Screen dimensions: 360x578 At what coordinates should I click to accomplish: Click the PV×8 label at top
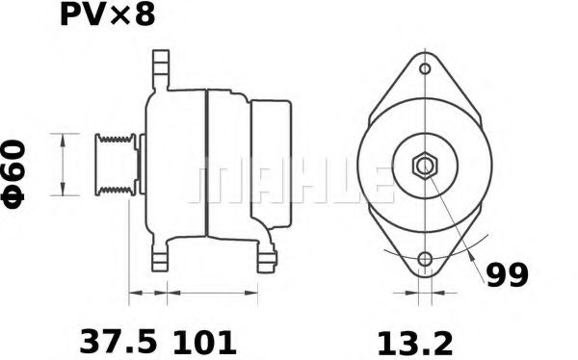[x=107, y=16]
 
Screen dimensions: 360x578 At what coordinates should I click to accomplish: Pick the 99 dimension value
[x=507, y=275]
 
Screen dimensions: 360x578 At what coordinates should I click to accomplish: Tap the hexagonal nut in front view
[x=424, y=167]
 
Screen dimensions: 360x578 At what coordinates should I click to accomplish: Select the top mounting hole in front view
[x=424, y=70]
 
